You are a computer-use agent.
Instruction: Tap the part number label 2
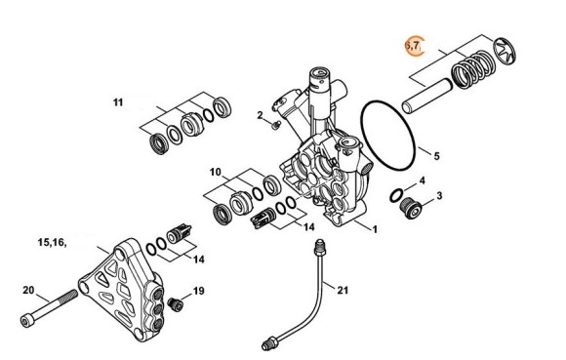(261, 116)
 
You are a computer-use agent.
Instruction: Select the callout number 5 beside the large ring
(436, 155)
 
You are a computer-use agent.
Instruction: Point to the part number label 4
(421, 180)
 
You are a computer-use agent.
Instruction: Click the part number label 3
(439, 196)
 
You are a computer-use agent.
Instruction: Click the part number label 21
(342, 290)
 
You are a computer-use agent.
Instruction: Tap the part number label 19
(197, 291)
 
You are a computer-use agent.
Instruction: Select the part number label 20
(28, 290)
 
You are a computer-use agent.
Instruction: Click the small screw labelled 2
(276, 124)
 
